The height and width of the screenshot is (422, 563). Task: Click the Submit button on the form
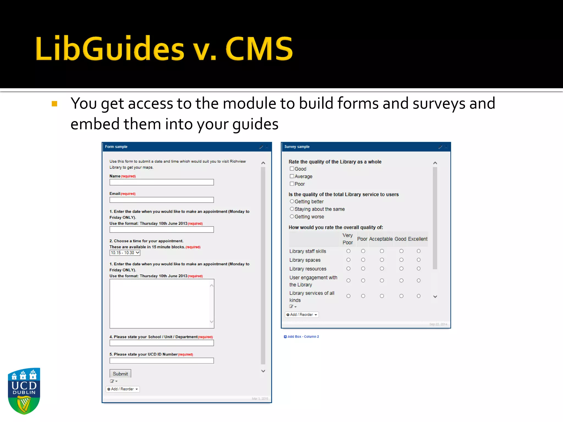click(120, 374)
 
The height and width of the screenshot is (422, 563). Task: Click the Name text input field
click(162, 182)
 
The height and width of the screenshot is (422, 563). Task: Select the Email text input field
click(162, 200)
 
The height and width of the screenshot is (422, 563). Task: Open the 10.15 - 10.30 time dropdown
click(125, 253)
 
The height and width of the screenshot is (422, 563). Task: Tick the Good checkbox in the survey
click(292, 169)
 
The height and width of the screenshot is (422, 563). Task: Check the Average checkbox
click(292, 176)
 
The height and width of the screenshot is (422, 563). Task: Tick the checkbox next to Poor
click(292, 184)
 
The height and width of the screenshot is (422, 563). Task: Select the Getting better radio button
click(292, 201)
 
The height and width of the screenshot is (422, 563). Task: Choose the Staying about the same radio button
click(292, 209)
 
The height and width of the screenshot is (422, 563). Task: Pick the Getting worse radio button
click(292, 216)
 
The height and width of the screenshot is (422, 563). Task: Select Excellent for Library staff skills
click(418, 251)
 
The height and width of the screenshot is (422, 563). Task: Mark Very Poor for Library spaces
click(348, 260)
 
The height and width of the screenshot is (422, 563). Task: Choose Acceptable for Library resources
click(382, 269)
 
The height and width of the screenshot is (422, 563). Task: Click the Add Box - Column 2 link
click(302, 337)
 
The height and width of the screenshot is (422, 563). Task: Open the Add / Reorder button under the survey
click(302, 315)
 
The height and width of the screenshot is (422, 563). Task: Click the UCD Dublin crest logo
click(24, 391)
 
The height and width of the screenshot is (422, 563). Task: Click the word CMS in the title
click(259, 49)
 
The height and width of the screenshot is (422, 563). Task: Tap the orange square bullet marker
click(54, 104)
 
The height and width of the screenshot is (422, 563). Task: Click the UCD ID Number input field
click(162, 361)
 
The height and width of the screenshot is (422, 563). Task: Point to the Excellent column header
click(418, 239)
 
